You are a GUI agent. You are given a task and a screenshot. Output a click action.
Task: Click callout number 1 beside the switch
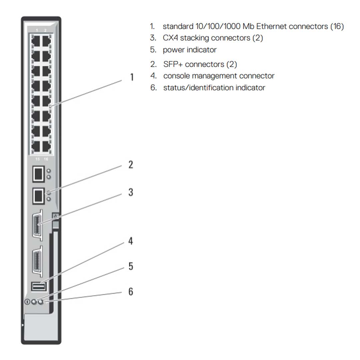tap(132, 77)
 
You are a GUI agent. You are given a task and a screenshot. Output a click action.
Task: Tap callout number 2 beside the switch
tap(131, 164)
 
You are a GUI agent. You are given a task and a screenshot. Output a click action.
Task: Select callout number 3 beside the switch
tap(131, 192)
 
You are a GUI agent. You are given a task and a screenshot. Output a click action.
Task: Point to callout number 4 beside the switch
tap(131, 241)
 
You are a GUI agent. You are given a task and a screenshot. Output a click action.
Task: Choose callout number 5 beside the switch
tap(131, 266)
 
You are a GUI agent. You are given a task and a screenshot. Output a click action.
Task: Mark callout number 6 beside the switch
tap(131, 292)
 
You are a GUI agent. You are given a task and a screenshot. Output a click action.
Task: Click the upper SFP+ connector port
tap(38, 174)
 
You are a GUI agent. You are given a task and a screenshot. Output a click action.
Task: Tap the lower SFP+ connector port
tap(38, 196)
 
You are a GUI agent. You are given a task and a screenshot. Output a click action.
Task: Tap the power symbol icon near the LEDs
tap(27, 302)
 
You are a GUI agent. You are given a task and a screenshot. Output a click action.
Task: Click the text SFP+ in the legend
tap(173, 64)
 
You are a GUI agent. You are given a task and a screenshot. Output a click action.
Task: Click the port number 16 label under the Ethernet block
tap(46, 159)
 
